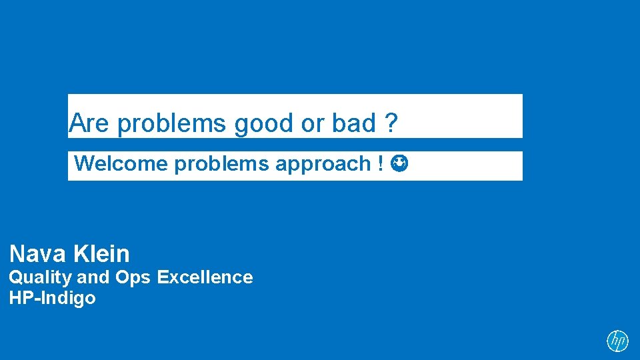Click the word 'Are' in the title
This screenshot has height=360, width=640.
[90, 123]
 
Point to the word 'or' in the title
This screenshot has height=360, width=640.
[311, 124]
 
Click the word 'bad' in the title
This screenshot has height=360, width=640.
[354, 123]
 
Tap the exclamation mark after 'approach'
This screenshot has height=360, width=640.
[380, 164]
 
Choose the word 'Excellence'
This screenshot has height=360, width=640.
[205, 277]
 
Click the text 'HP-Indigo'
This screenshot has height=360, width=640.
[52, 298]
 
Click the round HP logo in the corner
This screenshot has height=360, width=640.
[617, 341]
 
